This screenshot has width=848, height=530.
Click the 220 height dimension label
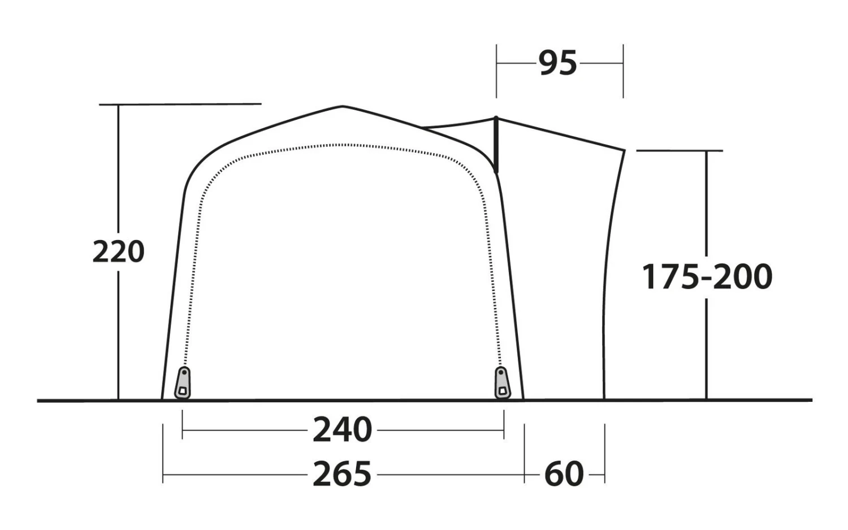click(118, 251)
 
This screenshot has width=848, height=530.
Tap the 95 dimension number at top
click(557, 63)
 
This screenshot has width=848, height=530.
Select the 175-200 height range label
click(707, 277)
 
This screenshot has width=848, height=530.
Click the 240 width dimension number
click(343, 430)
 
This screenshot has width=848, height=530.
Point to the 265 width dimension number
click(343, 474)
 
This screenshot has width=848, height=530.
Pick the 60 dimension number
click(564, 474)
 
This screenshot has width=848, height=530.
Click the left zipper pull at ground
click(183, 383)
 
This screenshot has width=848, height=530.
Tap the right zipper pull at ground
click(501, 383)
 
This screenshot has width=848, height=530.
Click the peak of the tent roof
click(343, 106)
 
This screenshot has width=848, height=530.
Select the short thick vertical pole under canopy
click(496, 144)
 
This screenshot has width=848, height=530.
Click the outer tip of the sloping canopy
click(624, 150)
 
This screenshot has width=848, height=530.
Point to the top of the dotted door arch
click(343, 145)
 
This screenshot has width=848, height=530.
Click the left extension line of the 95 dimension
click(496, 71)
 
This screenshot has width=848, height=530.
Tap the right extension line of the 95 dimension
click(623, 71)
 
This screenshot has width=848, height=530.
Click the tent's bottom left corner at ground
click(162, 399)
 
